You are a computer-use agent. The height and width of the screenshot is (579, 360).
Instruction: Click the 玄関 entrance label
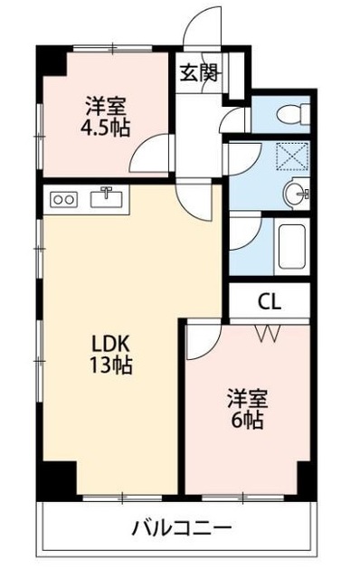[198, 73]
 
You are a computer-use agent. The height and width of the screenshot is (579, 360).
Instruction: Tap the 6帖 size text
[247, 421]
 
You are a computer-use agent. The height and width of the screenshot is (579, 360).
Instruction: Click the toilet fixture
[291, 113]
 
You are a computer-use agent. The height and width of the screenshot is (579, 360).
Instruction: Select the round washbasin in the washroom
[294, 192]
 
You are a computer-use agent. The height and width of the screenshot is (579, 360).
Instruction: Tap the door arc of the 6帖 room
[204, 341]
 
